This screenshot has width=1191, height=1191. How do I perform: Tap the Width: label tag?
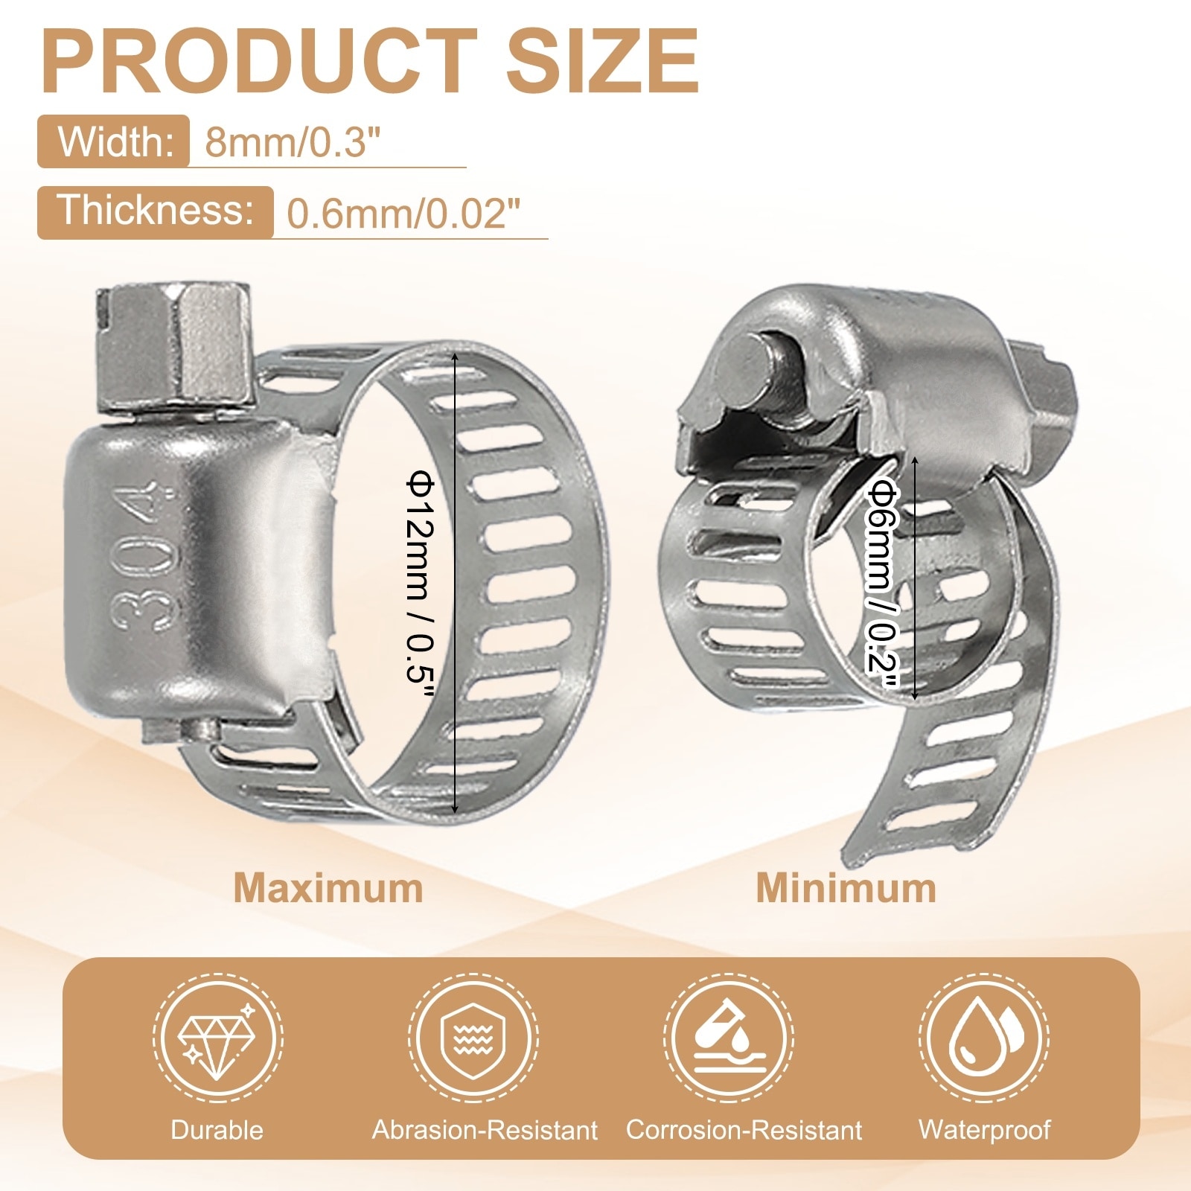tap(113, 141)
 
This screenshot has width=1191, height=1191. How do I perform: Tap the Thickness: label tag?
tap(156, 211)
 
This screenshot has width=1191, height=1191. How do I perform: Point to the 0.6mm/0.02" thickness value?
tap(403, 214)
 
